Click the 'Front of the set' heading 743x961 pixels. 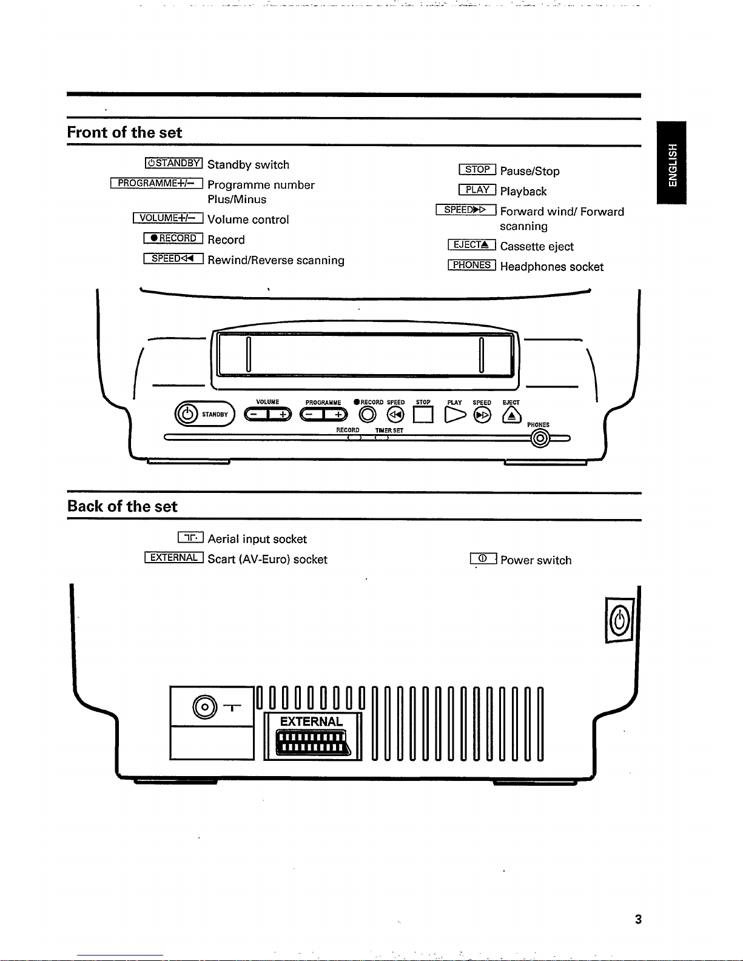[124, 132]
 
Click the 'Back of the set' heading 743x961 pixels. [122, 506]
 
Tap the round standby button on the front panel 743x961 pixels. [187, 414]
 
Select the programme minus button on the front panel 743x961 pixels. [311, 414]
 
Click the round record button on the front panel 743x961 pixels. [367, 414]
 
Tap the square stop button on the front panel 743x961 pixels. [423, 414]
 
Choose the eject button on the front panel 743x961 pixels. [511, 415]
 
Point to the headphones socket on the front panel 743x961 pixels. [540, 438]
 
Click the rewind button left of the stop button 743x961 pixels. [395, 414]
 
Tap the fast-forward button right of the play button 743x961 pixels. [482, 415]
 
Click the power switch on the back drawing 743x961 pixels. [620, 620]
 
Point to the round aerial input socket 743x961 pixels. [205, 707]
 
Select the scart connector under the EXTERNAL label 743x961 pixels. [313, 743]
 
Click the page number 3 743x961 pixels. [638, 919]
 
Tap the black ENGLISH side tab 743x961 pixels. [671, 162]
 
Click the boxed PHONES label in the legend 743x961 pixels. [471, 265]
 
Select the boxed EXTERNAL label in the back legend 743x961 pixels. [174, 557]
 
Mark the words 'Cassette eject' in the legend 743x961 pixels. [536, 246]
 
